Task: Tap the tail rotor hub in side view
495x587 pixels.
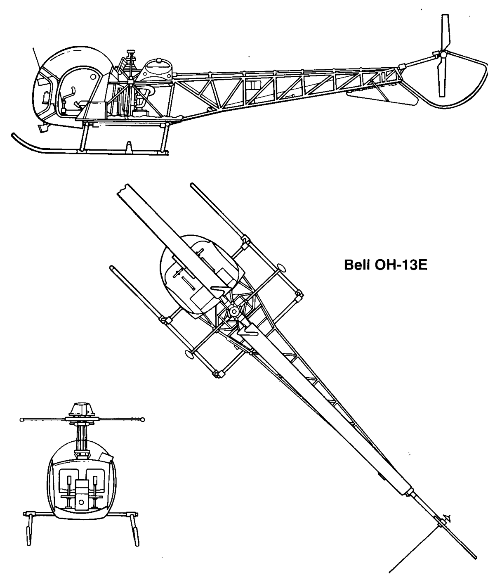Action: tap(443, 54)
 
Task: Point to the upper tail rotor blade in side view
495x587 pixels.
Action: tap(445, 32)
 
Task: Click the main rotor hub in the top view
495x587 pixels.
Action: tap(233, 311)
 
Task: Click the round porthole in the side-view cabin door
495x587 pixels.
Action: tap(92, 76)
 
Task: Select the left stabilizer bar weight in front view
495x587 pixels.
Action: tap(21, 420)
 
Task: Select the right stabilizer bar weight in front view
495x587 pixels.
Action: tap(143, 420)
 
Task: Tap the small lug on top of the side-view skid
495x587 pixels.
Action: tap(129, 147)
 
